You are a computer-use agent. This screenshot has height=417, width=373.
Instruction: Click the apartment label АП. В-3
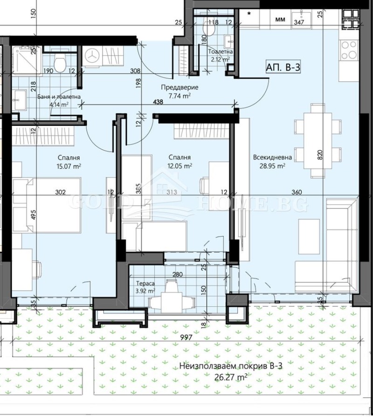click(x=283, y=67)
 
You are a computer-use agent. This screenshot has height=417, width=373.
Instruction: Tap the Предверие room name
click(x=180, y=87)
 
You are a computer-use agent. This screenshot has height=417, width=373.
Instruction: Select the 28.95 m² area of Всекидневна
click(x=273, y=166)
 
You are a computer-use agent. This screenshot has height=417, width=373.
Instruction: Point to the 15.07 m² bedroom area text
click(x=69, y=166)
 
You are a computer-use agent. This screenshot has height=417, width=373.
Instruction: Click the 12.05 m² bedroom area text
click(x=180, y=166)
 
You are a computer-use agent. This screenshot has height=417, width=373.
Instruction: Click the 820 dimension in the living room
click(x=320, y=155)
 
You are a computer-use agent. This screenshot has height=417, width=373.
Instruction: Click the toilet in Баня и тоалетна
click(x=59, y=64)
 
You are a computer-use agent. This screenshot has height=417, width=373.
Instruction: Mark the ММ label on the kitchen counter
click(x=280, y=20)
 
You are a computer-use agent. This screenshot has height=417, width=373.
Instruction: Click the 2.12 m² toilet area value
click(x=220, y=59)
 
